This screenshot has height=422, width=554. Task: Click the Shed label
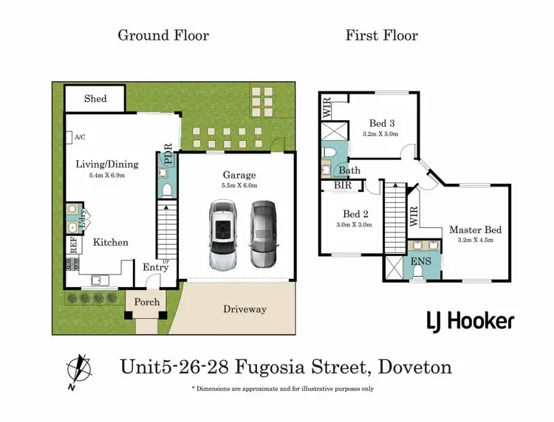click(x=95, y=98)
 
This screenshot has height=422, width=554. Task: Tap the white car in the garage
click(x=222, y=235)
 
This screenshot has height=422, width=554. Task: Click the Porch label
click(x=146, y=302)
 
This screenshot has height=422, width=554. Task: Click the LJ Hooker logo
click(x=470, y=321)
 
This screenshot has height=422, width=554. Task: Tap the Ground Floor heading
click(x=163, y=35)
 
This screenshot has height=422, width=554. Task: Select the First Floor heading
click(x=381, y=35)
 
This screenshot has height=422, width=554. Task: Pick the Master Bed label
click(x=475, y=230)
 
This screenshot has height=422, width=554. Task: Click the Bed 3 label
click(x=380, y=124)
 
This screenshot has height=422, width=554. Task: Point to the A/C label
click(x=79, y=137)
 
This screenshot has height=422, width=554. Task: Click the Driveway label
click(x=244, y=309)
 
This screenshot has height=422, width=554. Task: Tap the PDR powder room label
click(x=168, y=153)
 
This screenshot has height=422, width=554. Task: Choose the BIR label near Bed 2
click(x=343, y=186)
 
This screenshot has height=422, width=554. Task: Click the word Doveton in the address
click(x=414, y=367)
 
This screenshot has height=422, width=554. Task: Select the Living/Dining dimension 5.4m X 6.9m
click(x=107, y=176)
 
